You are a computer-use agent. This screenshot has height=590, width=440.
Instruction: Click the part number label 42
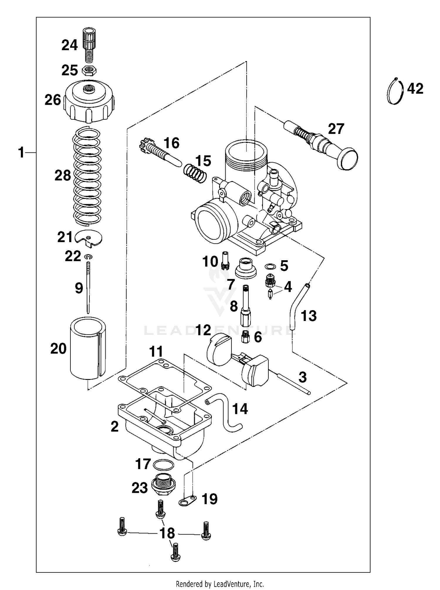point(415,88)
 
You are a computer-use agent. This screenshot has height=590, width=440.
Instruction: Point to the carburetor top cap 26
point(89,101)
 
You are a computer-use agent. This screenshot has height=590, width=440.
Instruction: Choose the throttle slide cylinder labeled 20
point(88,348)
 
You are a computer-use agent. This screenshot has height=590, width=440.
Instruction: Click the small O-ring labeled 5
point(270,266)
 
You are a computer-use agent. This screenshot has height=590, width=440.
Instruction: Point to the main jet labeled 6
point(245,337)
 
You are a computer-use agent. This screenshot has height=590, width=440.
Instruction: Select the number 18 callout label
point(167,533)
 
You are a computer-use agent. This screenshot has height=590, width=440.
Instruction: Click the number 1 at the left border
point(21,153)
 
